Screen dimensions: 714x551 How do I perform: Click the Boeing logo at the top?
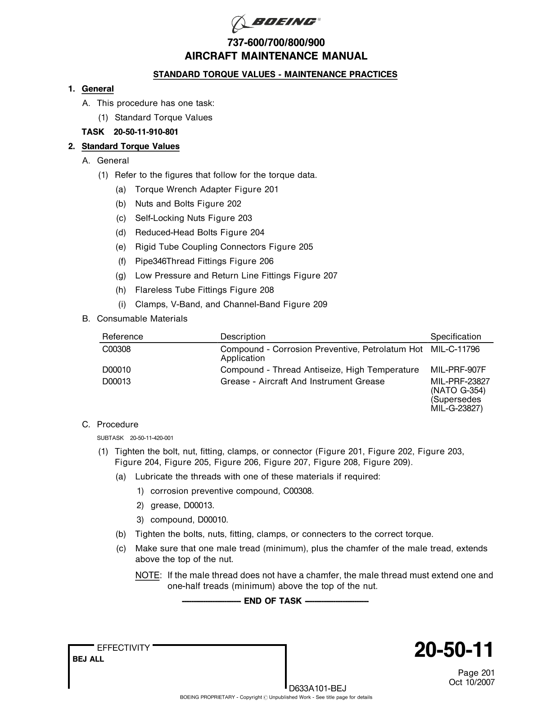(275, 22)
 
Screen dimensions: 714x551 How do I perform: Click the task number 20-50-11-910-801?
(145, 132)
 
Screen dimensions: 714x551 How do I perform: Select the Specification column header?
(456, 337)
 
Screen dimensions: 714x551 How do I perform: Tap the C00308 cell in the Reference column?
(117, 349)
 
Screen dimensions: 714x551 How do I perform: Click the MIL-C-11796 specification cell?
(455, 349)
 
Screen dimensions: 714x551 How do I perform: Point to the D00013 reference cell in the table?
(117, 382)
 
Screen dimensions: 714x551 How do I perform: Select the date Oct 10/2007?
(472, 682)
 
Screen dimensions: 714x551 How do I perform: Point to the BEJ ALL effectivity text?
(88, 659)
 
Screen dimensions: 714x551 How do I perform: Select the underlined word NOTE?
(147, 576)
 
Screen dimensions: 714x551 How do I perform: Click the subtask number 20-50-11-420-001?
(151, 438)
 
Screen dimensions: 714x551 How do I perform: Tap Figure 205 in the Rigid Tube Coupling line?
(291, 247)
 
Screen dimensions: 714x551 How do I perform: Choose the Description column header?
(243, 337)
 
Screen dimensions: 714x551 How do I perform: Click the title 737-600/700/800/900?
(276, 43)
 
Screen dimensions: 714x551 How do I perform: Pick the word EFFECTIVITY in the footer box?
(123, 648)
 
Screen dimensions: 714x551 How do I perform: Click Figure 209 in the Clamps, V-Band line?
(305, 304)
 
